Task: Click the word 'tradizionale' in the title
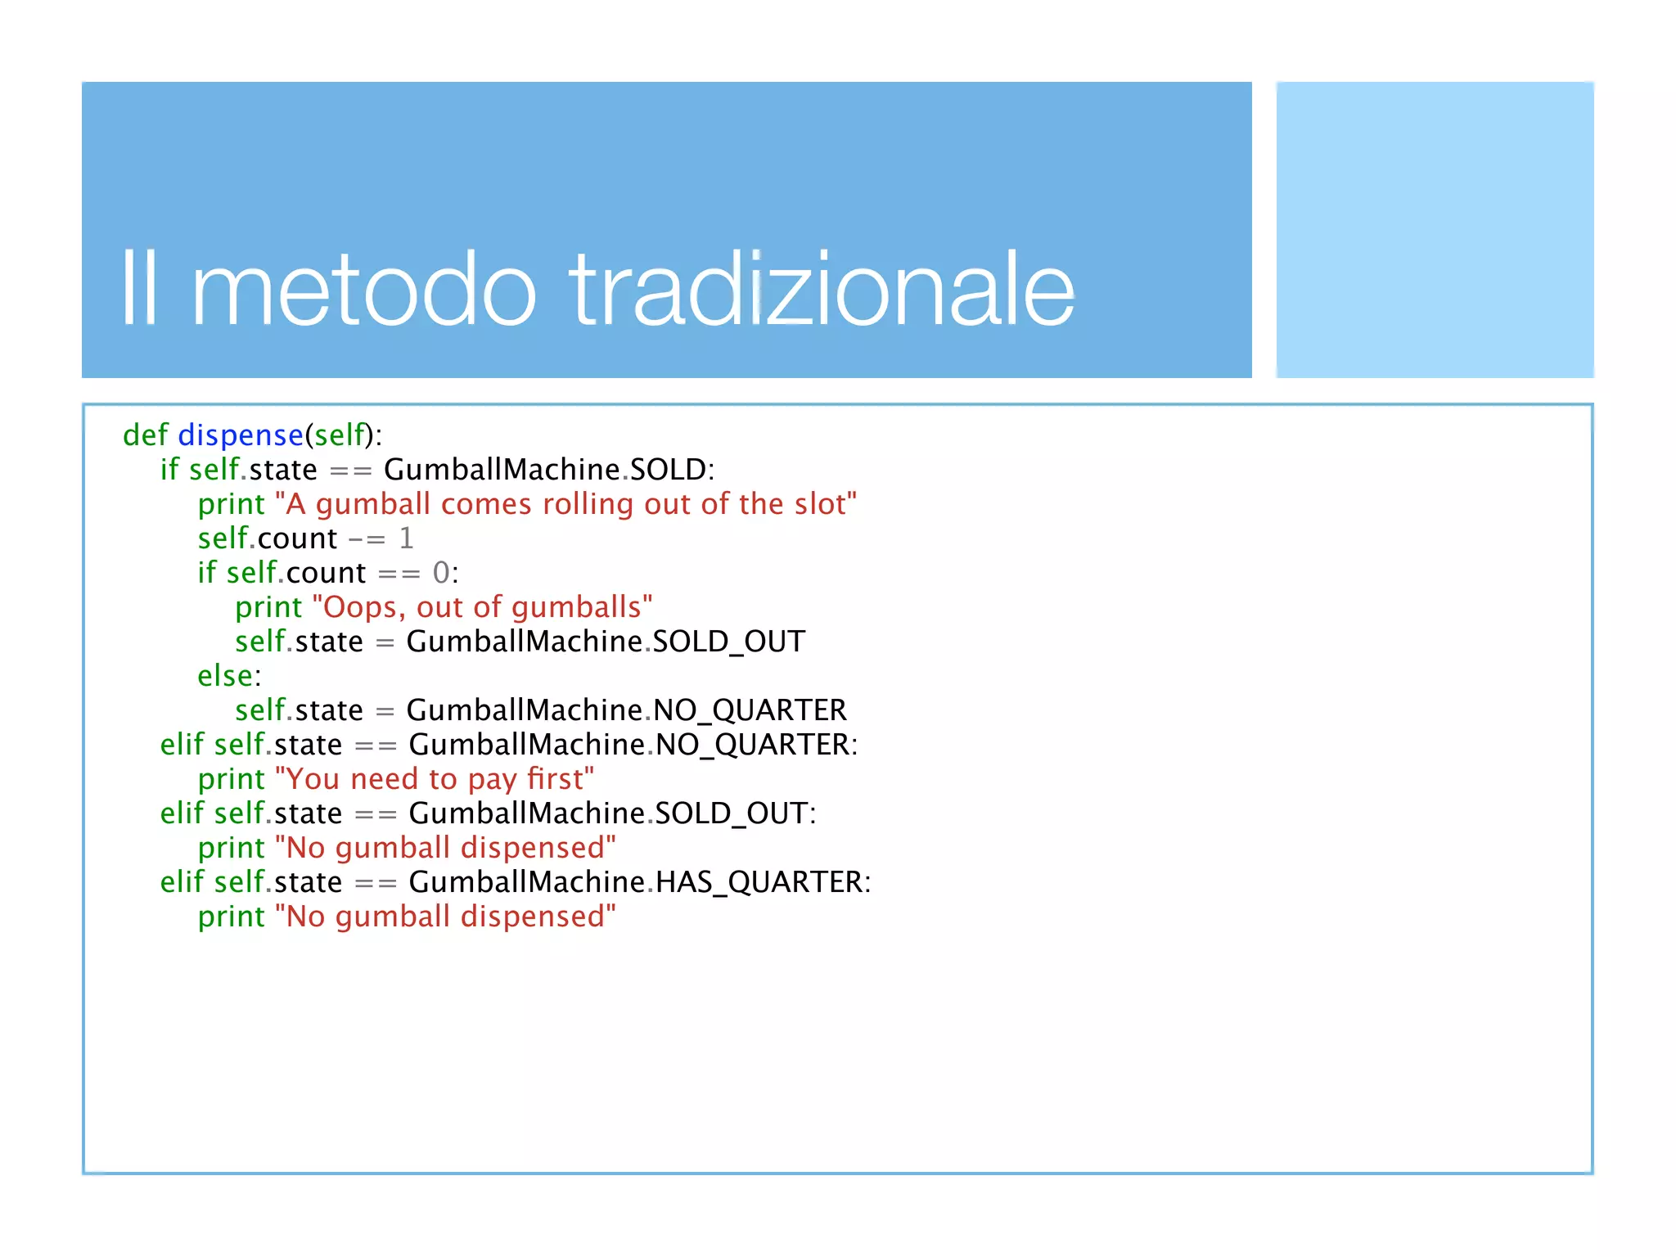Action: coord(822,290)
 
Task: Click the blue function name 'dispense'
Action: coord(241,435)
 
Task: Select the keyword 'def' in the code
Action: coord(145,435)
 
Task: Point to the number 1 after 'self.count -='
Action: coord(406,538)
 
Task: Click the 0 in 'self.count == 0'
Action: coord(441,573)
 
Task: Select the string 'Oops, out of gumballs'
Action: coord(483,607)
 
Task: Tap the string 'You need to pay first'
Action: coord(435,779)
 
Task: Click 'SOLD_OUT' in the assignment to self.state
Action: coord(728,642)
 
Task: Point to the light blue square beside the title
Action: coord(1435,230)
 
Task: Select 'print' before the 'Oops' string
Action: coord(268,607)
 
